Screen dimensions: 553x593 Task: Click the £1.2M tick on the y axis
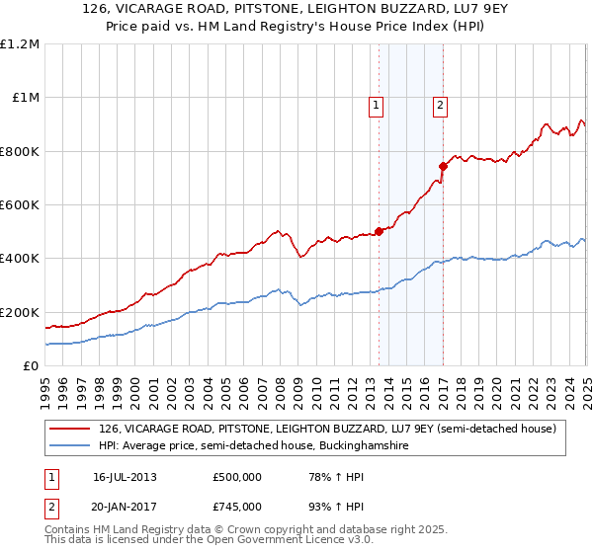pyautogui.click(x=21, y=44)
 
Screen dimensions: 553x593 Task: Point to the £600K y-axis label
pyautogui.click(x=21, y=205)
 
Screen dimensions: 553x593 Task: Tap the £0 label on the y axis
pyautogui.click(x=32, y=366)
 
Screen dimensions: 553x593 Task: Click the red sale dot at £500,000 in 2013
pyautogui.click(x=379, y=231)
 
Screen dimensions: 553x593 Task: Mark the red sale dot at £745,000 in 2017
pyautogui.click(x=443, y=166)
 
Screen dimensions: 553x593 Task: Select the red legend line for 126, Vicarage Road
pyautogui.click(x=70, y=429)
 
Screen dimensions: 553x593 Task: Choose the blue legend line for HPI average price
pyautogui.click(x=70, y=446)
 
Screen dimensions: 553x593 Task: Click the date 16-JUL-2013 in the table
pyautogui.click(x=125, y=477)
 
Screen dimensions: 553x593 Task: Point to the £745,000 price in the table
pyautogui.click(x=236, y=506)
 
